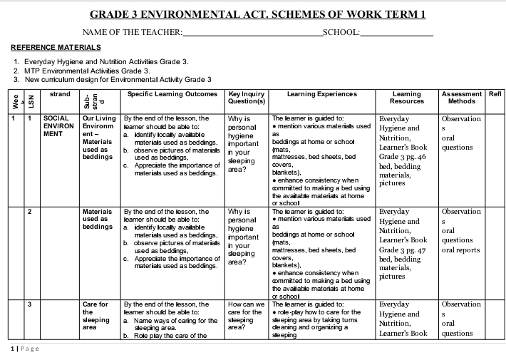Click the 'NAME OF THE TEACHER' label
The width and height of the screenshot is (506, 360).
coord(133,32)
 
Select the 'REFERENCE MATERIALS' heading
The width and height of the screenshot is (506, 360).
coord(56,47)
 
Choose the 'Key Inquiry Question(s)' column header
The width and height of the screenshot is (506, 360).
coord(247,98)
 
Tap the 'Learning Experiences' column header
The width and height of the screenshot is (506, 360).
coord(322,94)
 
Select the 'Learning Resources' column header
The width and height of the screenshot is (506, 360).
coord(407,98)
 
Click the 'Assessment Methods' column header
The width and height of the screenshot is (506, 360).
coord(462,98)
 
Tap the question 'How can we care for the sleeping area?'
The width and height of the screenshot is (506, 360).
coord(247,317)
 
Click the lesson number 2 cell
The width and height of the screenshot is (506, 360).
coord(30,212)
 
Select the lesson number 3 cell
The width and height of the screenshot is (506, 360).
coord(30,304)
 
